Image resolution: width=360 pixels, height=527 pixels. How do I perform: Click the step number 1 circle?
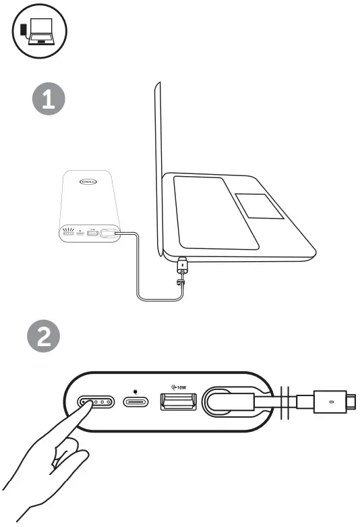(x=49, y=101)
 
